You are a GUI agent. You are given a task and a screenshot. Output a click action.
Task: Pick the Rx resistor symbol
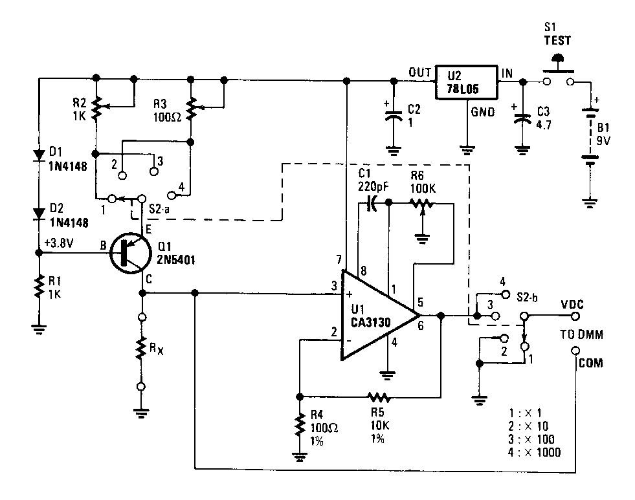click(140, 351)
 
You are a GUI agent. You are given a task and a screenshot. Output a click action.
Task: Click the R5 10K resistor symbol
click(377, 395)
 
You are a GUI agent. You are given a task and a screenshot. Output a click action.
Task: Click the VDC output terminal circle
click(574, 316)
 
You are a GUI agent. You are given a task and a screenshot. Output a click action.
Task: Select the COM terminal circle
click(575, 351)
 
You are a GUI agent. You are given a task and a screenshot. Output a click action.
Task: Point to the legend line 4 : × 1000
click(534, 452)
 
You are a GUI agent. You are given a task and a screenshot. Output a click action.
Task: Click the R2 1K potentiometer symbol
click(96, 108)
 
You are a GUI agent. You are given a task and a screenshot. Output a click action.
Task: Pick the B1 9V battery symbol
click(589, 138)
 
